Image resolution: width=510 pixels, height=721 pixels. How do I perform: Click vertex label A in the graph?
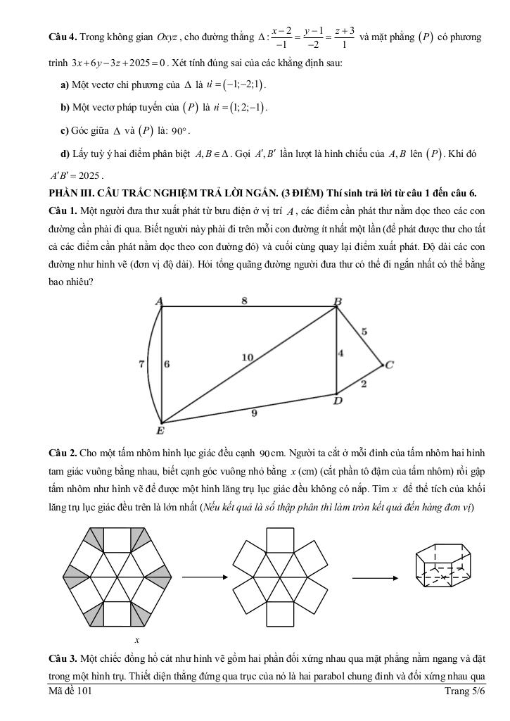click(160, 301)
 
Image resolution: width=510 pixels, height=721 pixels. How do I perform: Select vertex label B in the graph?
click(338, 301)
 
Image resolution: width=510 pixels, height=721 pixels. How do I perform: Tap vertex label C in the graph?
click(390, 365)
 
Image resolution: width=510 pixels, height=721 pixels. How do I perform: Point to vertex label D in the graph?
click(338, 401)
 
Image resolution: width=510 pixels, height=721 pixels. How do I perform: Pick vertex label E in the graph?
click(160, 430)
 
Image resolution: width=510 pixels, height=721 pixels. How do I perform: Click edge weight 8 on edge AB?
click(244, 301)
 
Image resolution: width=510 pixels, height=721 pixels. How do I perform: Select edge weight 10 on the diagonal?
click(247, 358)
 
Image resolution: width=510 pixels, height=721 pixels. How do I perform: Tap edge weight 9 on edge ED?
click(254, 413)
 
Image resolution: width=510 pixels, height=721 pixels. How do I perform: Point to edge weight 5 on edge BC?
click(364, 330)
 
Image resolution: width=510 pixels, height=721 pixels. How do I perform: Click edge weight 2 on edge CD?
click(364, 384)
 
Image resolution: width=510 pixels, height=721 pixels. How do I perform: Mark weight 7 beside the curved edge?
click(141, 364)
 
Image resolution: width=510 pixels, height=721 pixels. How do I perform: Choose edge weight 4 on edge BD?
click(341, 353)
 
